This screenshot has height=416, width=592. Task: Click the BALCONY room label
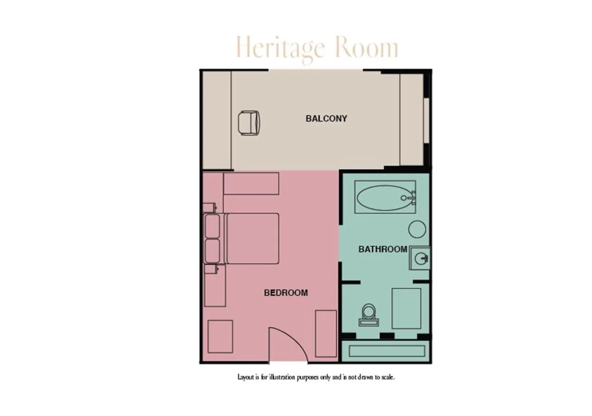click(x=326, y=119)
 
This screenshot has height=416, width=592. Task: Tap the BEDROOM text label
click(x=286, y=293)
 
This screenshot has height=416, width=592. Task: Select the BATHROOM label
click(x=382, y=249)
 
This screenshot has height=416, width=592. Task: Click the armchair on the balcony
click(x=249, y=123)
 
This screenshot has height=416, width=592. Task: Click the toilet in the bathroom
click(x=369, y=315)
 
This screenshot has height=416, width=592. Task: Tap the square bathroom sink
click(x=419, y=258)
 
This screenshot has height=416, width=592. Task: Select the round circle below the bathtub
click(x=417, y=229)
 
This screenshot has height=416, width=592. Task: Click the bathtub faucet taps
click(x=412, y=197)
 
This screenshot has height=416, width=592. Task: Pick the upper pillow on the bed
click(x=212, y=226)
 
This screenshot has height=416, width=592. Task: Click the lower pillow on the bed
click(x=212, y=251)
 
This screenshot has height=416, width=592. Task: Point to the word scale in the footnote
click(x=388, y=377)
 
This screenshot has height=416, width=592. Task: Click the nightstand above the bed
click(x=210, y=208)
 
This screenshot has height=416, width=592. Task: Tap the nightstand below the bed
click(x=211, y=269)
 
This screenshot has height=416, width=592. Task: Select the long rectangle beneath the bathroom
click(x=387, y=351)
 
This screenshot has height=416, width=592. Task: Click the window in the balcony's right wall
click(x=426, y=121)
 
